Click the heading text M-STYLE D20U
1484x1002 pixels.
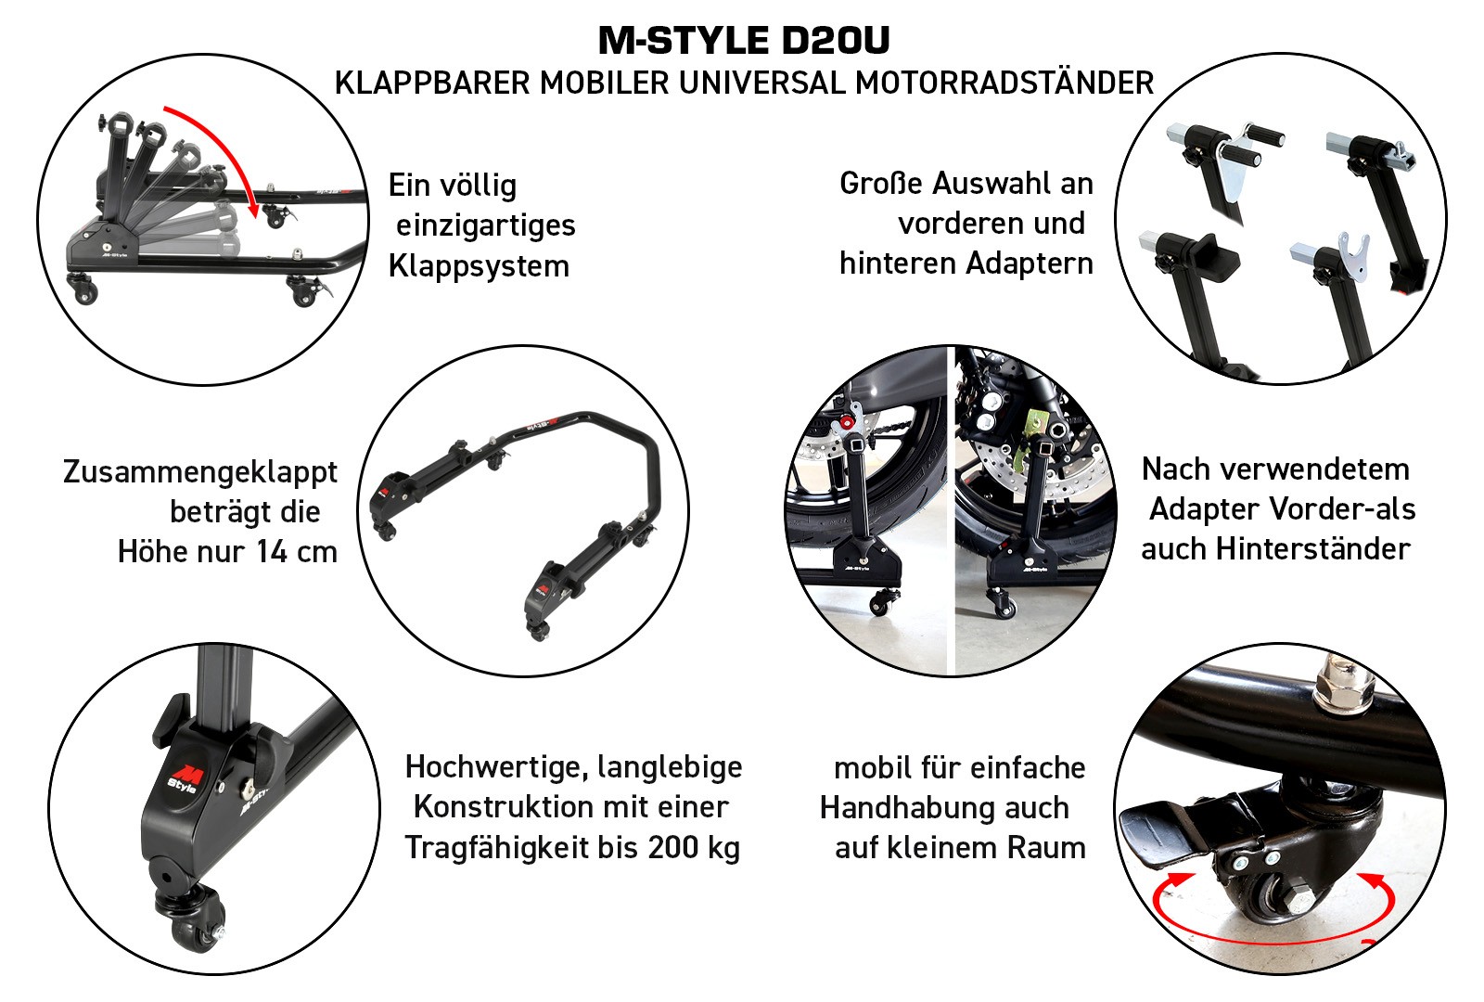[743, 41]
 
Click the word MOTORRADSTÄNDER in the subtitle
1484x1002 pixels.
[1004, 83]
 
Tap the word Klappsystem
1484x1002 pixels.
[479, 266]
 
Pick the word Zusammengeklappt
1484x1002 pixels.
[200, 472]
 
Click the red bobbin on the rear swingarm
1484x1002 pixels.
[845, 422]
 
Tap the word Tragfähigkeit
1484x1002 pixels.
[495, 847]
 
